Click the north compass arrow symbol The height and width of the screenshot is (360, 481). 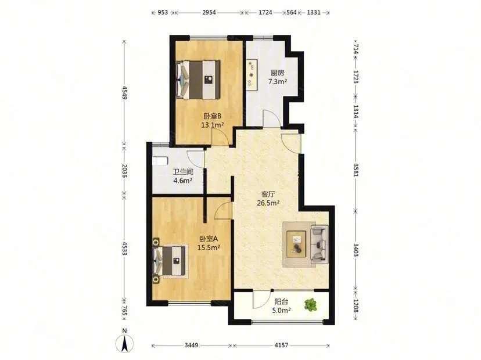124,343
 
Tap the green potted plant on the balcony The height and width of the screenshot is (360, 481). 311,305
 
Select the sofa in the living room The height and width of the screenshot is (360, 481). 320,244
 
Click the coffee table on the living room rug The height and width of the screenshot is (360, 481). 296,244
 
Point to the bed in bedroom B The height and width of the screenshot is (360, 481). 199,80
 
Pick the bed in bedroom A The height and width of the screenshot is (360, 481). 170,261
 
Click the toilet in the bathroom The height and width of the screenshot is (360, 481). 160,161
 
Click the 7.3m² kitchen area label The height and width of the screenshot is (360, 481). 278,81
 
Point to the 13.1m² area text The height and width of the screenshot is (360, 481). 212,125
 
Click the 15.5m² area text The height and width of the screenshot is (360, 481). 209,247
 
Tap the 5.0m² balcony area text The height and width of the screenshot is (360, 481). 281,310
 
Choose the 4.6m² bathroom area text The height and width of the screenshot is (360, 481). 183,181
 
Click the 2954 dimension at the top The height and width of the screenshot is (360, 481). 209,13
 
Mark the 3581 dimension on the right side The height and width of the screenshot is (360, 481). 356,170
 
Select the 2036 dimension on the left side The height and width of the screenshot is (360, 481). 124,171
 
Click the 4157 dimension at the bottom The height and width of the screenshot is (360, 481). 281,345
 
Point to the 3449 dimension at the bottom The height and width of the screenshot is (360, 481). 191,345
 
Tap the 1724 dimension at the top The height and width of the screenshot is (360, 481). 265,13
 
